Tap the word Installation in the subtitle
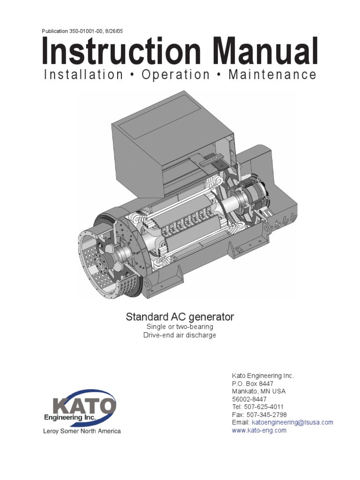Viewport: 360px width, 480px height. tap(83, 75)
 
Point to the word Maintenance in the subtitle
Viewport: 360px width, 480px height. tap(272, 75)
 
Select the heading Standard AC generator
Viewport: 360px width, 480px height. tap(180, 317)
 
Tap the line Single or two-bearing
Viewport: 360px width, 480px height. tap(180, 327)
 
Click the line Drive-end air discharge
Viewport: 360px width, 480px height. tap(180, 336)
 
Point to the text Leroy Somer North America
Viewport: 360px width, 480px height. tap(82, 431)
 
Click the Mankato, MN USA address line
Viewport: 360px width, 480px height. tap(259, 391)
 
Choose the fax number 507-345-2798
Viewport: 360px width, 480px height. tap(266, 415)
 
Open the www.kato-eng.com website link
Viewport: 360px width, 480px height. tap(259, 430)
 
